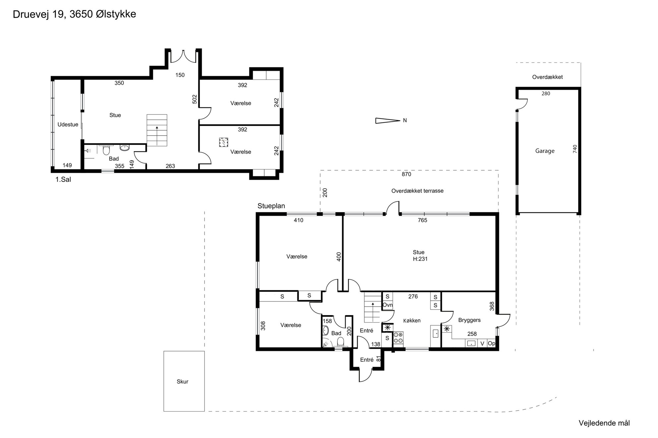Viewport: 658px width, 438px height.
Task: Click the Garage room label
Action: click(545, 151)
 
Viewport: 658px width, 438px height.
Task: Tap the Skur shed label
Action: click(182, 381)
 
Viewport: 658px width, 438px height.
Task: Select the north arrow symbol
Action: click(388, 121)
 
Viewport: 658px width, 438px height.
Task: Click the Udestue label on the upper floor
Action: click(68, 124)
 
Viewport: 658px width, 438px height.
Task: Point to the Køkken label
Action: click(412, 320)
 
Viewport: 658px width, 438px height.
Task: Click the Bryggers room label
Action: click(469, 320)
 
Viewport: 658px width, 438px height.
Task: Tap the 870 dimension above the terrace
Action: click(406, 174)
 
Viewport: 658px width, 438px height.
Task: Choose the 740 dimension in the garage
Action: click(575, 149)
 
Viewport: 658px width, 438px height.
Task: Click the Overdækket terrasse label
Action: click(417, 191)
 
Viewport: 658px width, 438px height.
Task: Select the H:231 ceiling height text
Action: click(420, 259)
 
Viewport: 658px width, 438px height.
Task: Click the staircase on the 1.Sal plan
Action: click(157, 130)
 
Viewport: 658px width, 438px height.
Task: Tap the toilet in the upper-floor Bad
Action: click(106, 150)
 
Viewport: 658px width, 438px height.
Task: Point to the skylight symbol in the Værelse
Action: click(224, 142)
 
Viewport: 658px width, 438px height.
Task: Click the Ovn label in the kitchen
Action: click(388, 305)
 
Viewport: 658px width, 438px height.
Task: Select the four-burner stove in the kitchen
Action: click(398, 338)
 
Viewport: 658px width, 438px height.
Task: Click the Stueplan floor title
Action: click(271, 206)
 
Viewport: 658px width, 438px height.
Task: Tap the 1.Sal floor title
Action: click(63, 179)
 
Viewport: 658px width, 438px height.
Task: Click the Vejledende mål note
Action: click(604, 423)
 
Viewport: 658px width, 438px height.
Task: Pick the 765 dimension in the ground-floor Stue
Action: click(423, 220)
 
